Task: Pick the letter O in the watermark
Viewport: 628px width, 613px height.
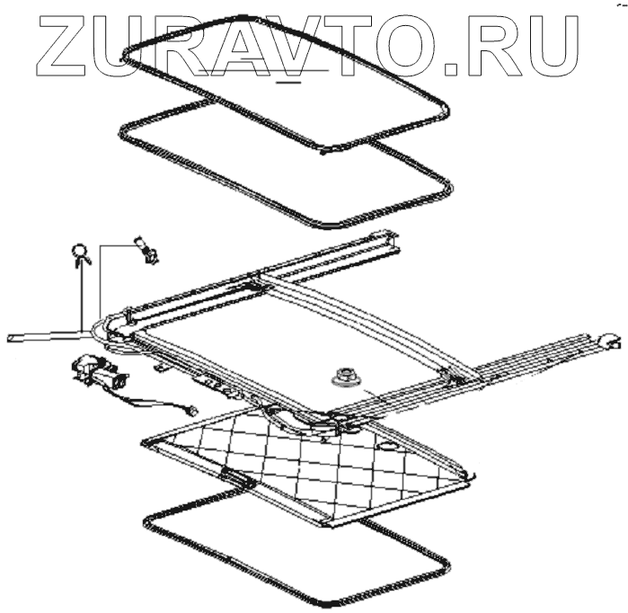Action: point(422,43)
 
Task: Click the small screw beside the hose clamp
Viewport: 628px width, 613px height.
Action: point(145,250)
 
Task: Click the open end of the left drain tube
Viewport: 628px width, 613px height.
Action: point(13,338)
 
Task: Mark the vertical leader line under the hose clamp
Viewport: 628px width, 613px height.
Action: point(80,297)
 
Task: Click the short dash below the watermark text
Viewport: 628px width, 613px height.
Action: point(289,80)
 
